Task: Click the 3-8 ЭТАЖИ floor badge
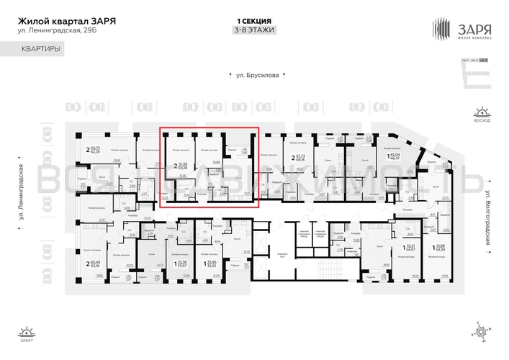click(253, 30)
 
